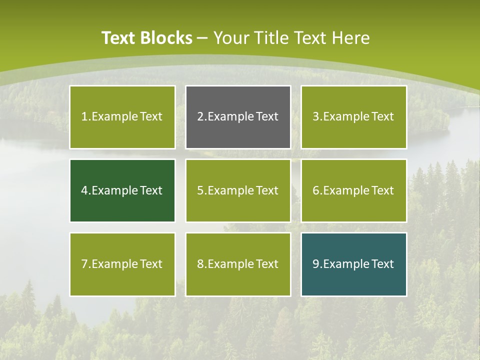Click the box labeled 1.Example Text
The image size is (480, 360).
pyautogui.click(x=122, y=117)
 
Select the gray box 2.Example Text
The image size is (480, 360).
pyautogui.click(x=238, y=117)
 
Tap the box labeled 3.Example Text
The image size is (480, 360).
pyautogui.click(x=353, y=117)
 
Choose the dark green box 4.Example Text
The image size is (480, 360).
pyautogui.click(x=122, y=190)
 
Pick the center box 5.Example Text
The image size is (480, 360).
pyautogui.click(x=238, y=190)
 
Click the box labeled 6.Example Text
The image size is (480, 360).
pyautogui.click(x=353, y=190)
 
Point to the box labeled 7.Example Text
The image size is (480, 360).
pyautogui.click(x=122, y=264)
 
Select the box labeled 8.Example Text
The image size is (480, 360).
pyautogui.click(x=238, y=264)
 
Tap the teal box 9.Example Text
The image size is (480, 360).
pyautogui.click(x=353, y=264)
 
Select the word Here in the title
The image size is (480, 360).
pyautogui.click(x=352, y=38)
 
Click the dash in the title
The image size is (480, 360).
pyautogui.click(x=203, y=38)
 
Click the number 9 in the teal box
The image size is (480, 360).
pyautogui.click(x=316, y=264)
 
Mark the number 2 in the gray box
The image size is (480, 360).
pyautogui.click(x=200, y=117)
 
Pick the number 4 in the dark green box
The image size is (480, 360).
pyautogui.click(x=84, y=190)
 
